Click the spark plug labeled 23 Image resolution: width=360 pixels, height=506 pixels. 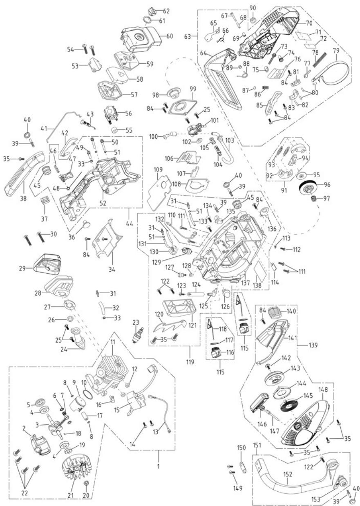tap(137, 335)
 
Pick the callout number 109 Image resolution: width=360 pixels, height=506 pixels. tap(158, 169)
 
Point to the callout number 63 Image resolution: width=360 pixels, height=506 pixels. tap(187, 36)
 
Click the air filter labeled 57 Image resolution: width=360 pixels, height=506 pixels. tap(110, 91)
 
